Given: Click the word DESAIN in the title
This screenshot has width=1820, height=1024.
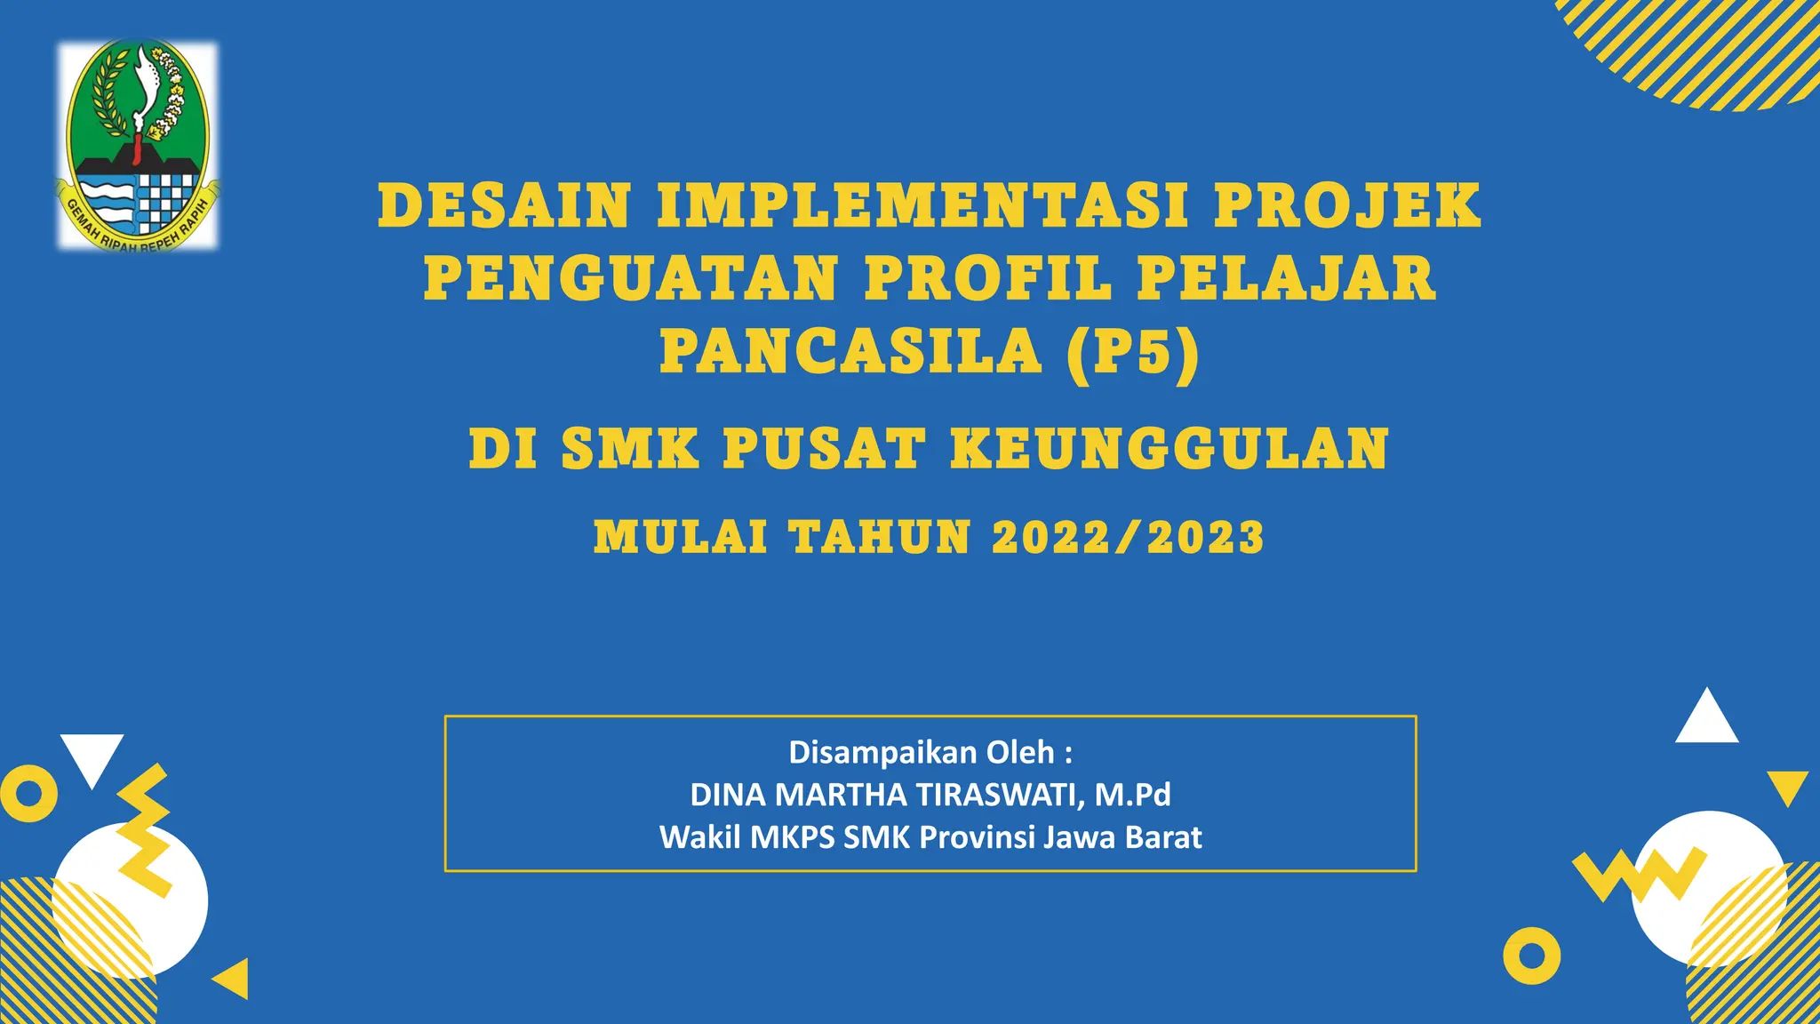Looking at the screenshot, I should [505, 206].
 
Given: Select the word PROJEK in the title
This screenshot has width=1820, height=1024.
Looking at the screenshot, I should [1347, 206].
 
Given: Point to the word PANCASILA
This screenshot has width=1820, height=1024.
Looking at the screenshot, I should [850, 352].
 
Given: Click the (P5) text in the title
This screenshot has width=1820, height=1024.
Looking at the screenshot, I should [1134, 352].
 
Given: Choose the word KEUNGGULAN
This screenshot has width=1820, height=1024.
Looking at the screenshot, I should [1169, 448].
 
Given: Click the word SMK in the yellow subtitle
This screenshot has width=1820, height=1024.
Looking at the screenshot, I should [630, 448].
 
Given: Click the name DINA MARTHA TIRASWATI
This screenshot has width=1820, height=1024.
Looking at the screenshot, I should [887, 795].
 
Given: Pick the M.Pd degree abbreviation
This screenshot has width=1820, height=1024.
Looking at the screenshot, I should [1132, 795].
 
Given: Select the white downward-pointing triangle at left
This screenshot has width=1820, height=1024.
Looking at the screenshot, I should [92, 756].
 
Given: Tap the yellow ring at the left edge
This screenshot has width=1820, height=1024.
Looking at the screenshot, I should [28, 793].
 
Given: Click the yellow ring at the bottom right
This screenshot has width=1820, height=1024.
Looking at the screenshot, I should [1532, 956].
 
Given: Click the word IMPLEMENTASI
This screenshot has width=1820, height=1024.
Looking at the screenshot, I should [922, 206].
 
